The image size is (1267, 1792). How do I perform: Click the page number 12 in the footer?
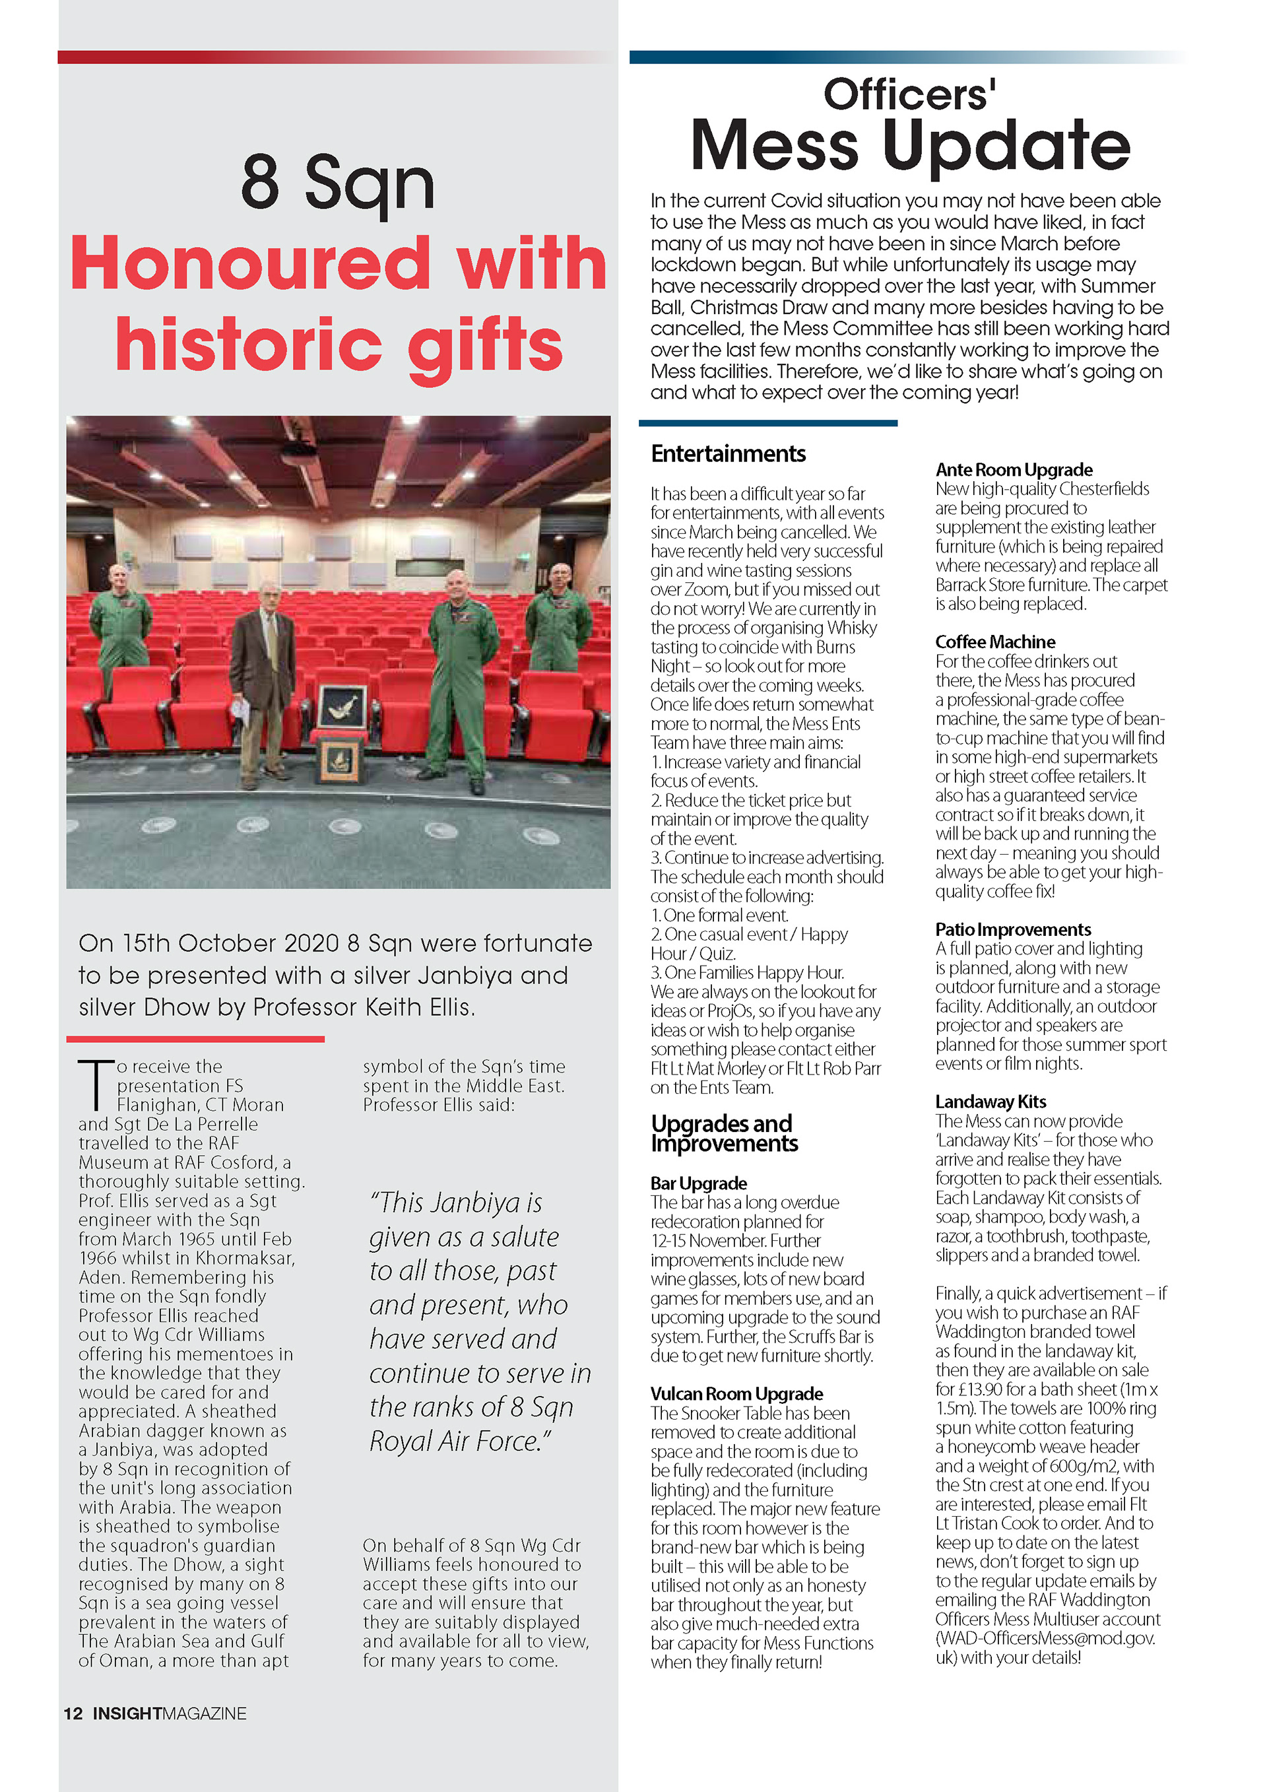(x=73, y=1713)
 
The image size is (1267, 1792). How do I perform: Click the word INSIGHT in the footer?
(x=127, y=1713)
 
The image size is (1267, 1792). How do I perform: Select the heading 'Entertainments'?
(x=728, y=453)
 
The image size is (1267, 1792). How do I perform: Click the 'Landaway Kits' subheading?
(x=990, y=1101)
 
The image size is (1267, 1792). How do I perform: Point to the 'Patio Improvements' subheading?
(x=1013, y=929)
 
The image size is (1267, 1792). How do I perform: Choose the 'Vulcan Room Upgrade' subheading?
(x=736, y=1393)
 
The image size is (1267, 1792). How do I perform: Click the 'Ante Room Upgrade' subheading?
(x=1014, y=469)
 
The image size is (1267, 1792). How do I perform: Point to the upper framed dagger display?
(x=341, y=707)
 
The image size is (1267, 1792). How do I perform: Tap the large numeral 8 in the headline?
(x=260, y=180)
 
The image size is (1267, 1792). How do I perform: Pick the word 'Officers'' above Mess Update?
(x=909, y=94)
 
